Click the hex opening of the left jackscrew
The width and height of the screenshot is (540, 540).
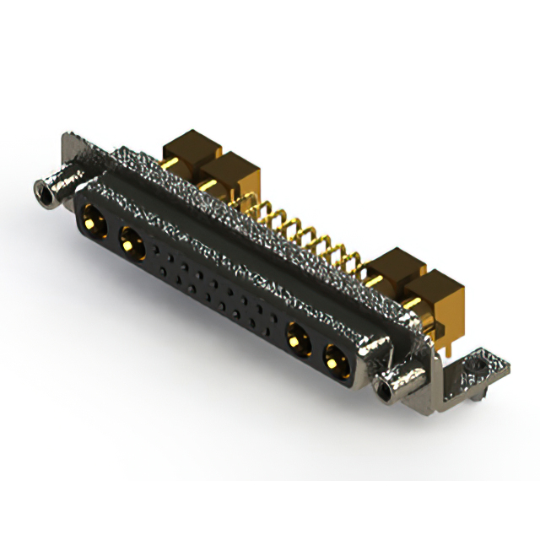tap(41, 195)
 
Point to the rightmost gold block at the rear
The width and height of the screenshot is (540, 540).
tap(440, 291)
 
